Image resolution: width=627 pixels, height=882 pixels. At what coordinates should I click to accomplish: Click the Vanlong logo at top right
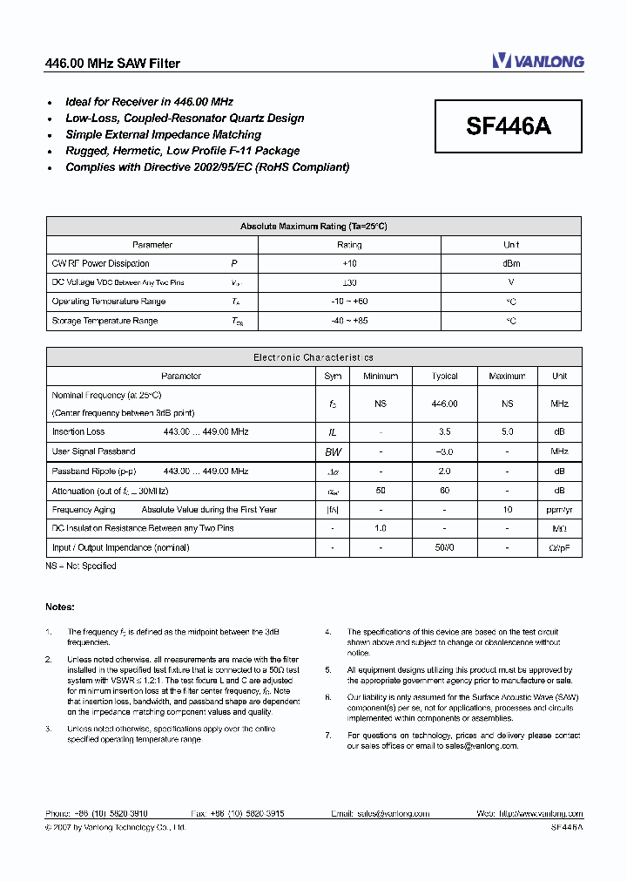tap(537, 61)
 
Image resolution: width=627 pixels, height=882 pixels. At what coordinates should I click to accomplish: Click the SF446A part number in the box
tap(509, 126)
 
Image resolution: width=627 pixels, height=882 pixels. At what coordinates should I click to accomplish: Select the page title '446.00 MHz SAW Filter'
tap(112, 64)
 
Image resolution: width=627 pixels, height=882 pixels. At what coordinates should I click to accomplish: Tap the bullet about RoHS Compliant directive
tap(207, 167)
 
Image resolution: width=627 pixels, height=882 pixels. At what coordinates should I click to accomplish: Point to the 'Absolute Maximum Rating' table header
tap(313, 227)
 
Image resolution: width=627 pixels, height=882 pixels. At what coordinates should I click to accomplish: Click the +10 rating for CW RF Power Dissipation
tap(349, 263)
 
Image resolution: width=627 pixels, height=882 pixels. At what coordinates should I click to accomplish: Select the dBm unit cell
tap(511, 263)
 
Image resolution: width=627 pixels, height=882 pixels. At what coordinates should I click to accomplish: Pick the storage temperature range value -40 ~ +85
tap(349, 321)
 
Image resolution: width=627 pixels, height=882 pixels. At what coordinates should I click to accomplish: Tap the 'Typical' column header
tap(444, 377)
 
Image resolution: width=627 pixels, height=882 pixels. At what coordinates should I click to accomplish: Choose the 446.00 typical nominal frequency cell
tap(444, 404)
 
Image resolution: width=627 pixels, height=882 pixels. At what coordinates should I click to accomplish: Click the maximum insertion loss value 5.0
tap(507, 432)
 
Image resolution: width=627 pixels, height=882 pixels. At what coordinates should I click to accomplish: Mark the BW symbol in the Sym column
tap(333, 451)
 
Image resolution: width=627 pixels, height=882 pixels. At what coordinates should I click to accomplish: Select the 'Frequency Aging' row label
tap(84, 510)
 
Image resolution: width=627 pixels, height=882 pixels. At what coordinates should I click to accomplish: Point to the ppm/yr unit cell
tap(559, 510)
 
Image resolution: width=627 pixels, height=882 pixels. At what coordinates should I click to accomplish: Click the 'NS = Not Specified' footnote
tap(81, 567)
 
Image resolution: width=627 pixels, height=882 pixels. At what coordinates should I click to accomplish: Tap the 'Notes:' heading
tap(60, 607)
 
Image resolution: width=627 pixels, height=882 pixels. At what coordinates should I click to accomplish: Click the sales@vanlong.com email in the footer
tap(393, 814)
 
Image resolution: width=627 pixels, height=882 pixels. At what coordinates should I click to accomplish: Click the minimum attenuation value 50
tap(381, 491)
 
